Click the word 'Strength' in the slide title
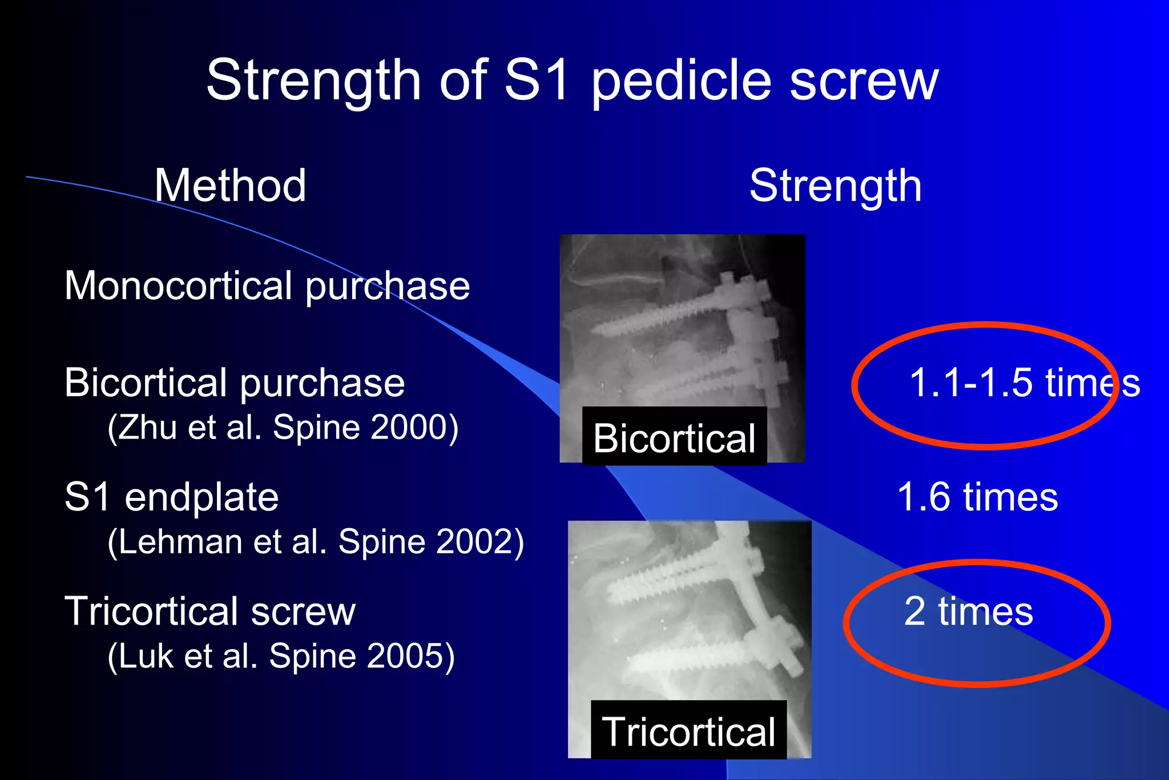313,81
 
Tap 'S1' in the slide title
537,79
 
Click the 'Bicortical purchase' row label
235,382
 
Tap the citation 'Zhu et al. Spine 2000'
283,427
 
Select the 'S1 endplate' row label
171,496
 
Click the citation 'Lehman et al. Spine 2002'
315,541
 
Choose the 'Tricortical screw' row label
209,610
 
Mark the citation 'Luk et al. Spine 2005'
281,656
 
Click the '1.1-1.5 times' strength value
1024,382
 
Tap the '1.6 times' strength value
977,496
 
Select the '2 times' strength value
968,610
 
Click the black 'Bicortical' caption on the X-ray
674,437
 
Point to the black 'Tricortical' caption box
688,730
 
